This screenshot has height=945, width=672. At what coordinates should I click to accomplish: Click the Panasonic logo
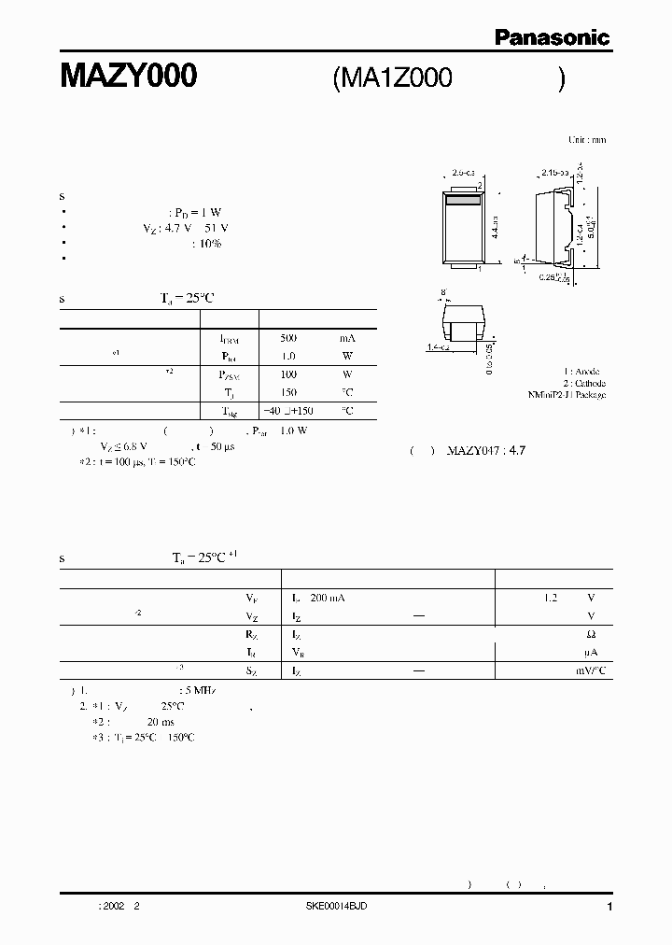552,37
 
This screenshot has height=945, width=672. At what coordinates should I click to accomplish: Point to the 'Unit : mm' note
587,139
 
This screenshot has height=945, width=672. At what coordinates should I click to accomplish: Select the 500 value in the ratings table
288,337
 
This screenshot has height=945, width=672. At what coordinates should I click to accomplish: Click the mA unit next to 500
347,337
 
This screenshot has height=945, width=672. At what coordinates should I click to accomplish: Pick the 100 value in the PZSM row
288,374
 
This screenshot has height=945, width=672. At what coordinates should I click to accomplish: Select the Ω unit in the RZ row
593,635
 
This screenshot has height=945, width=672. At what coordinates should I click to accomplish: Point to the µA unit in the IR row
592,653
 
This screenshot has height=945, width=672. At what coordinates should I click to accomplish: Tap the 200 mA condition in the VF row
327,598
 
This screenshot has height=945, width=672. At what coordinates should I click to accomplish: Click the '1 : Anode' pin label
585,372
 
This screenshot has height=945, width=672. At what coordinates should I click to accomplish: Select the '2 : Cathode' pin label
583,383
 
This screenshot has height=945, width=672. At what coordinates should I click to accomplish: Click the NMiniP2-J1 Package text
567,395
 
